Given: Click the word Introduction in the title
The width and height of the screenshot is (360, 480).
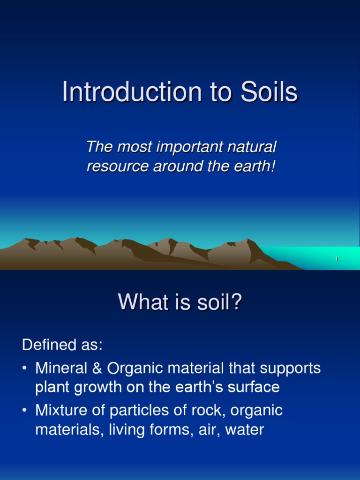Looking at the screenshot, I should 120,92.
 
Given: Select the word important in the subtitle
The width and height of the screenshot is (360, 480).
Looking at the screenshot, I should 177,147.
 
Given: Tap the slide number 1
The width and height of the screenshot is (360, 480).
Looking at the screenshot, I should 337,259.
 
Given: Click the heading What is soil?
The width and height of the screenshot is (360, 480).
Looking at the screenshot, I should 180,302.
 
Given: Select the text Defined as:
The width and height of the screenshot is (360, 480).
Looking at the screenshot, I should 62,345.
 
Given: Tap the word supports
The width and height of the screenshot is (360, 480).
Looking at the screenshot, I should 288,368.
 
